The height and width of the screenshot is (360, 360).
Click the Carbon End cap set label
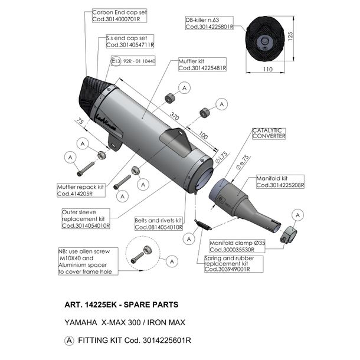coord(119,15)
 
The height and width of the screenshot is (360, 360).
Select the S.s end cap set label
coord(130,41)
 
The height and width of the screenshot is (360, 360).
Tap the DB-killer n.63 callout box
coord(210,23)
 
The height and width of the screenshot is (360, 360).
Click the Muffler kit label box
coord(202,64)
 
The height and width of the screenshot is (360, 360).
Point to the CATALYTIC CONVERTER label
coord(269,133)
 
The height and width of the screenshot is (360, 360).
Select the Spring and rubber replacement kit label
coord(234,264)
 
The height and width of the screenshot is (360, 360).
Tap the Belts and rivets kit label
coord(159,224)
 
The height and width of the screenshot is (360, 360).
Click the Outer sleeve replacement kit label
coord(86,219)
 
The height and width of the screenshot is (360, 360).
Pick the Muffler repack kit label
coord(81,191)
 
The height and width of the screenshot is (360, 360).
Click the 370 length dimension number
coord(174,116)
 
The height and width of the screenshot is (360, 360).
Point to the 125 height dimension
coord(290,37)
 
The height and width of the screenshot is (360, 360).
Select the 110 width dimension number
coord(268,69)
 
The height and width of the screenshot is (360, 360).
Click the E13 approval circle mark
coord(116,61)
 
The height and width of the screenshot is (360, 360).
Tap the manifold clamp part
coord(289,235)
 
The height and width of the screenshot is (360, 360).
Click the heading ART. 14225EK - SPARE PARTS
coord(122,305)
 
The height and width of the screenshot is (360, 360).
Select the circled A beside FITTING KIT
coord(69,341)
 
